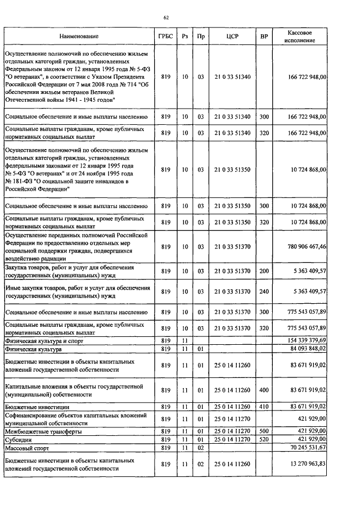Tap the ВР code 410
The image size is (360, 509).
[x=264, y=406]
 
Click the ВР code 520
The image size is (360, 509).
[x=264, y=439]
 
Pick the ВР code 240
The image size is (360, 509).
[x=264, y=291]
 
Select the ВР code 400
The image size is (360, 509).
[x=264, y=390]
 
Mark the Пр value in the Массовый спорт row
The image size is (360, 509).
[x=201, y=448]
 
